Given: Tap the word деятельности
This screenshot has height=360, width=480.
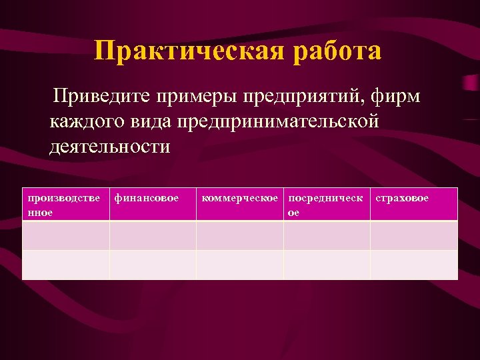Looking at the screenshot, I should [109, 146].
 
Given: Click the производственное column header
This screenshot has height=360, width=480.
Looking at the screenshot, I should [65, 204].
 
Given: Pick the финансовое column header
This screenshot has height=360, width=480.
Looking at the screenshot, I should [147, 198].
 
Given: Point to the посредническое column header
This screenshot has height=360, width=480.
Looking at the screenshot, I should [326, 204].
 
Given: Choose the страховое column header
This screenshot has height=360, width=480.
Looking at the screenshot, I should [403, 198].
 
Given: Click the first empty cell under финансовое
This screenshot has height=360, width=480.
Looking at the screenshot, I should [153, 235].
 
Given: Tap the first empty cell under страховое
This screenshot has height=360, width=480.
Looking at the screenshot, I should [414, 235].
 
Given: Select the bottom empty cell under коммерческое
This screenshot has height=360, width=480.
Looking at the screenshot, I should [240, 265].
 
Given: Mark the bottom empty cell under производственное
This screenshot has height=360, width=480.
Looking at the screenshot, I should [66, 265].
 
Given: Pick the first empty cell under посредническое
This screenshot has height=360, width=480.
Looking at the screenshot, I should [327, 235].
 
